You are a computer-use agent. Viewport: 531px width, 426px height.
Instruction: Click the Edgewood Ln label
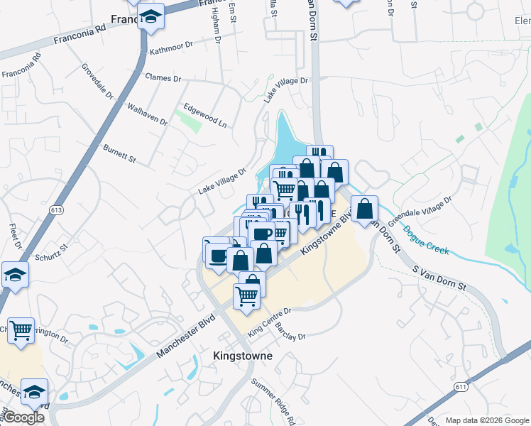coord(204,116)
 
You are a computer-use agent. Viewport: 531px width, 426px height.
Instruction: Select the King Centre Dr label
coord(270,322)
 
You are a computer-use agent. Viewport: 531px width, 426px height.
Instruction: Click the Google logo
coord(23,417)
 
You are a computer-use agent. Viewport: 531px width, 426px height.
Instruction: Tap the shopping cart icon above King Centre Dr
coord(246,295)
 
